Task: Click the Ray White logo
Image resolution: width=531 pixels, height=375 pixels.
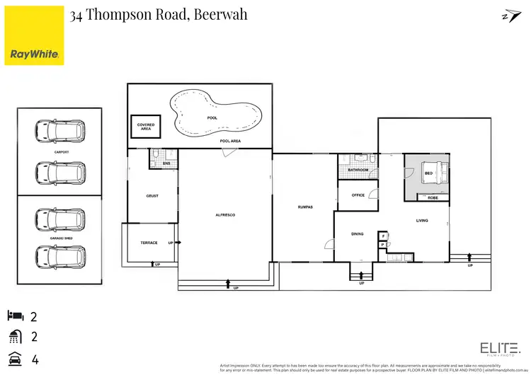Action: point(34,35)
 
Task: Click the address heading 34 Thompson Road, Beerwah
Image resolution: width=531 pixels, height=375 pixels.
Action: point(159,14)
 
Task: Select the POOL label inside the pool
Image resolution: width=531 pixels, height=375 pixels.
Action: point(212,117)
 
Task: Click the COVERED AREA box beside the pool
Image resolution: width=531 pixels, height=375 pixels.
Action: point(146,127)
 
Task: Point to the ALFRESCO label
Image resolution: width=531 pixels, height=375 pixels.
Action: point(224,214)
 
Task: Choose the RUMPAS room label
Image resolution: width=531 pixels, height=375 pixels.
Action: point(305,207)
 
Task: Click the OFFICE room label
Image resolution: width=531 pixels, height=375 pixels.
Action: point(358,195)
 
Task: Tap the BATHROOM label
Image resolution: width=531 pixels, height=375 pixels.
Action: point(358,171)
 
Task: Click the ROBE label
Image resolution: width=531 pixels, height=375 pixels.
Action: point(433,197)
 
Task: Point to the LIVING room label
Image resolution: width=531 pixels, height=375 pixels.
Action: point(422,221)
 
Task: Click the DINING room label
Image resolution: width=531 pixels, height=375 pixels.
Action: point(358,233)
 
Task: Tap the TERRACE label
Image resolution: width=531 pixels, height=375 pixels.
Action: point(149,243)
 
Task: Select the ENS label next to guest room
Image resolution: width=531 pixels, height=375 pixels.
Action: point(166,163)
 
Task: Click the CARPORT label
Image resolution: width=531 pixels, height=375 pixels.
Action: point(61,151)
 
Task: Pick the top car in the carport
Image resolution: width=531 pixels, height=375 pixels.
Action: point(60,130)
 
